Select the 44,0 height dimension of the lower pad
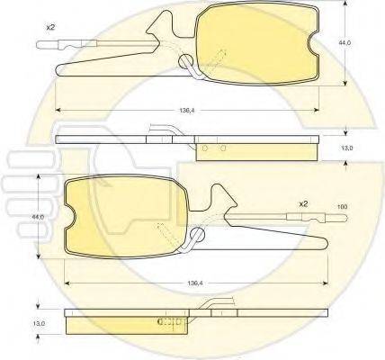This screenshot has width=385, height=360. pos(37,217)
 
